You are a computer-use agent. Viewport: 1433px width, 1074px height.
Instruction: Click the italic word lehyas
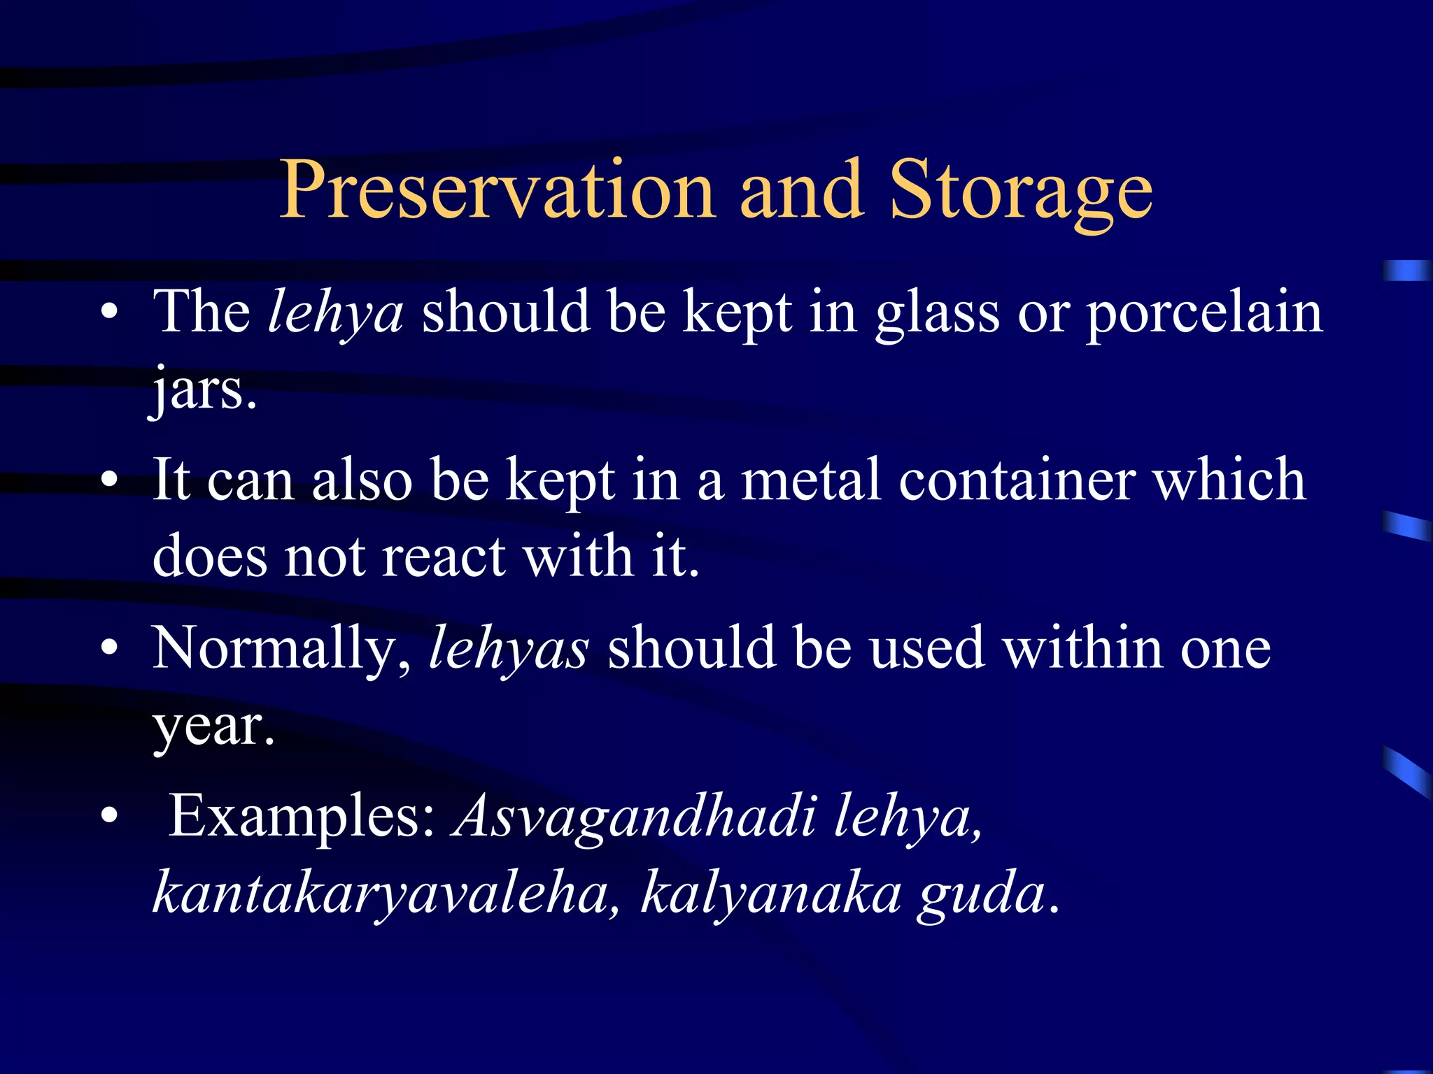(x=509, y=649)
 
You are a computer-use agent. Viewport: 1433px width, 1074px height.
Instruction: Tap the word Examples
(x=303, y=817)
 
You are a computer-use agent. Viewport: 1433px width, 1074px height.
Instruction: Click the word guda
(x=982, y=894)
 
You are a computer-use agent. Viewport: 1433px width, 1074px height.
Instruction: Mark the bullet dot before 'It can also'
(x=109, y=480)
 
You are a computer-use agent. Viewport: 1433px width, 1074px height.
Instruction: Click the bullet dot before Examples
(x=109, y=815)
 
